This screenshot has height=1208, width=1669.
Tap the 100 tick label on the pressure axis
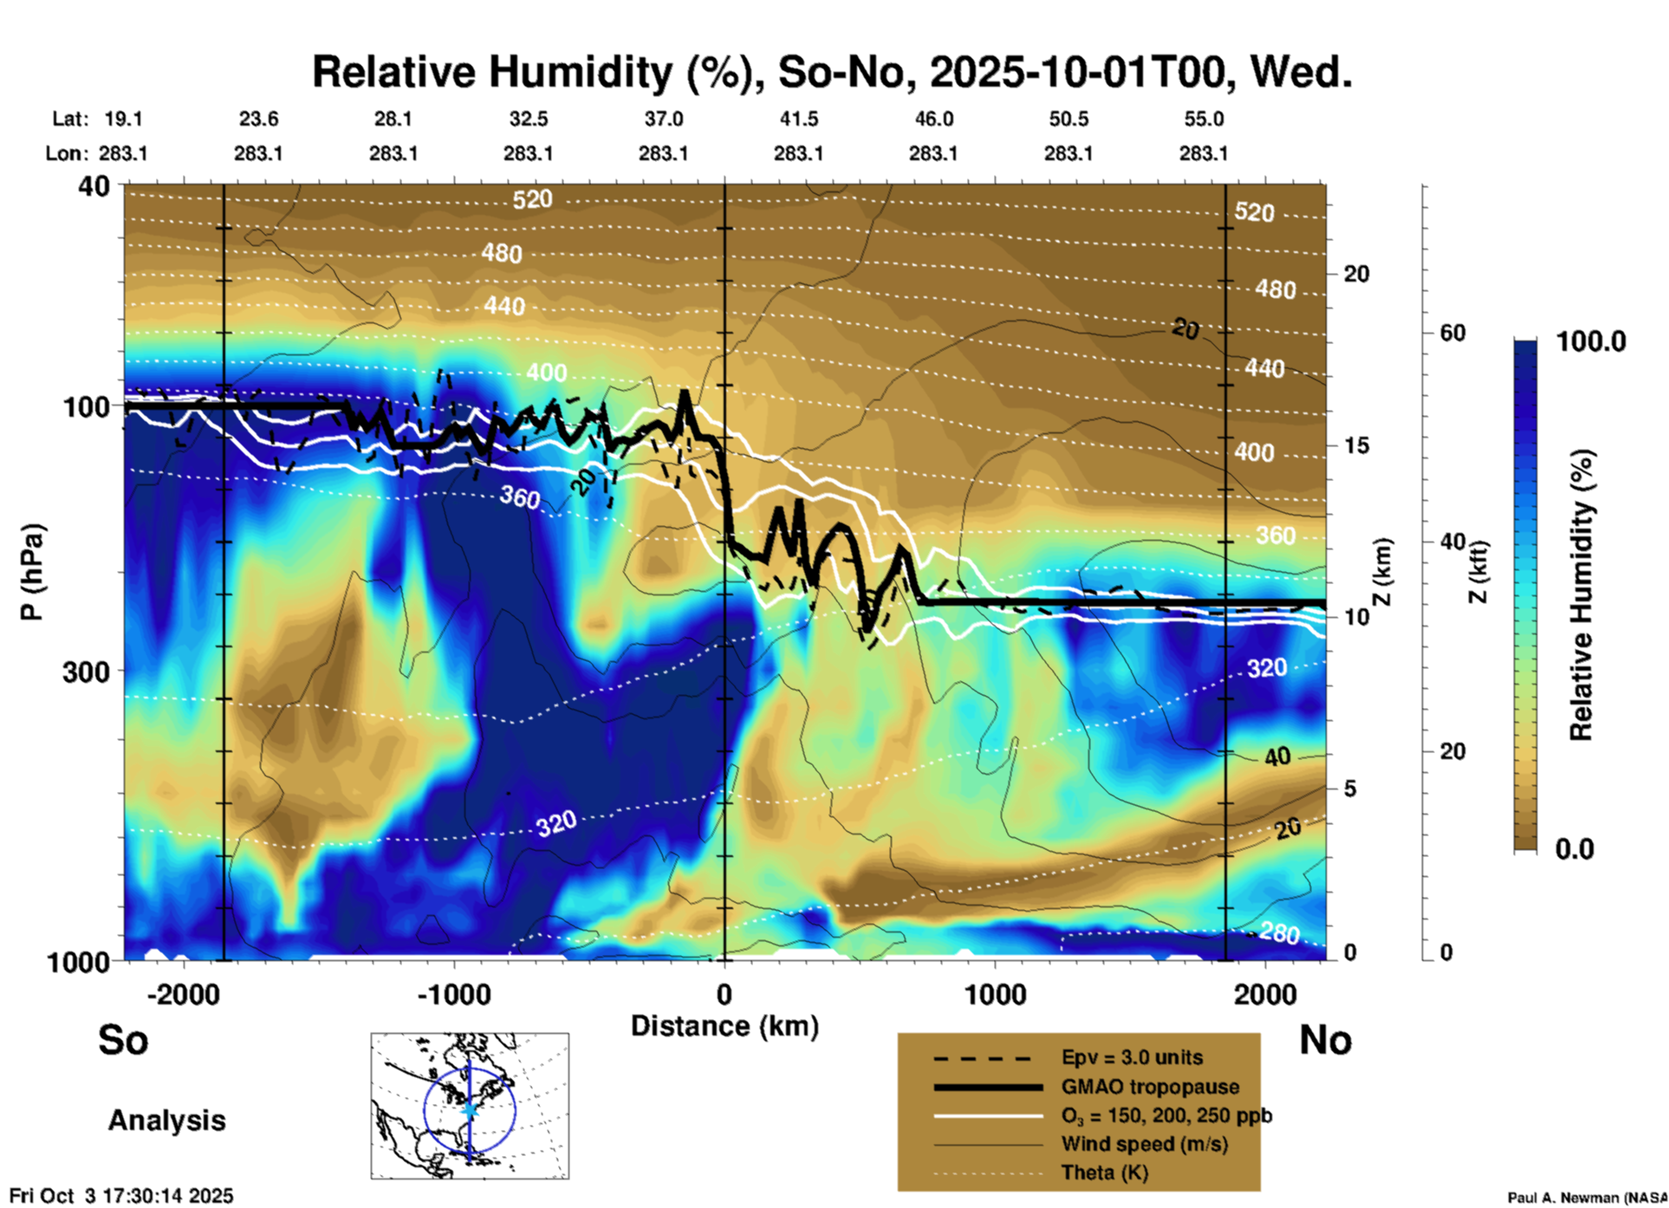pos(87,406)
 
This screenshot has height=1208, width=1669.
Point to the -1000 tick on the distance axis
pos(453,994)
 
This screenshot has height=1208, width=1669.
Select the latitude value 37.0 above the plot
pos(663,119)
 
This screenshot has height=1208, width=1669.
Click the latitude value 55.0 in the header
pos(1204,119)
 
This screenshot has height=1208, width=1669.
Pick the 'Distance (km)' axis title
pos(724,1026)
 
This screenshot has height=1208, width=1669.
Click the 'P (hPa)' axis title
pos(32,572)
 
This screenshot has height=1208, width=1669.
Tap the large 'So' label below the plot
pos(123,1040)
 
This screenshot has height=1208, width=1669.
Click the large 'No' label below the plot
pos(1325,1040)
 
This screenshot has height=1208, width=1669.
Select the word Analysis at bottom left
pos(166,1120)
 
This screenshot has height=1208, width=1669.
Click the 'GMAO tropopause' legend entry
pos(1150,1087)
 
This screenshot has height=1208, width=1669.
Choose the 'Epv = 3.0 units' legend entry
pos(1132,1058)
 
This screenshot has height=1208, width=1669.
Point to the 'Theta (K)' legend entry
pos(1104,1172)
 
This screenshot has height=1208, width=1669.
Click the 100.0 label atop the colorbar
pos(1591,341)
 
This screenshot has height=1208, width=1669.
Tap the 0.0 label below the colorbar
pos(1575,848)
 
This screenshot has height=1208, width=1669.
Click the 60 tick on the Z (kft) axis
pos(1452,333)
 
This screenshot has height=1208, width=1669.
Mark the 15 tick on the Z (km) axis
pos(1356,445)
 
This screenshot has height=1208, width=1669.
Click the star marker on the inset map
pos(470,1109)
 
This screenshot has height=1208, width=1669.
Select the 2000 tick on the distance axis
pos(1265,994)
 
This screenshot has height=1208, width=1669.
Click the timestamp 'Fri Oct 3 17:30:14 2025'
pos(121,1196)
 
